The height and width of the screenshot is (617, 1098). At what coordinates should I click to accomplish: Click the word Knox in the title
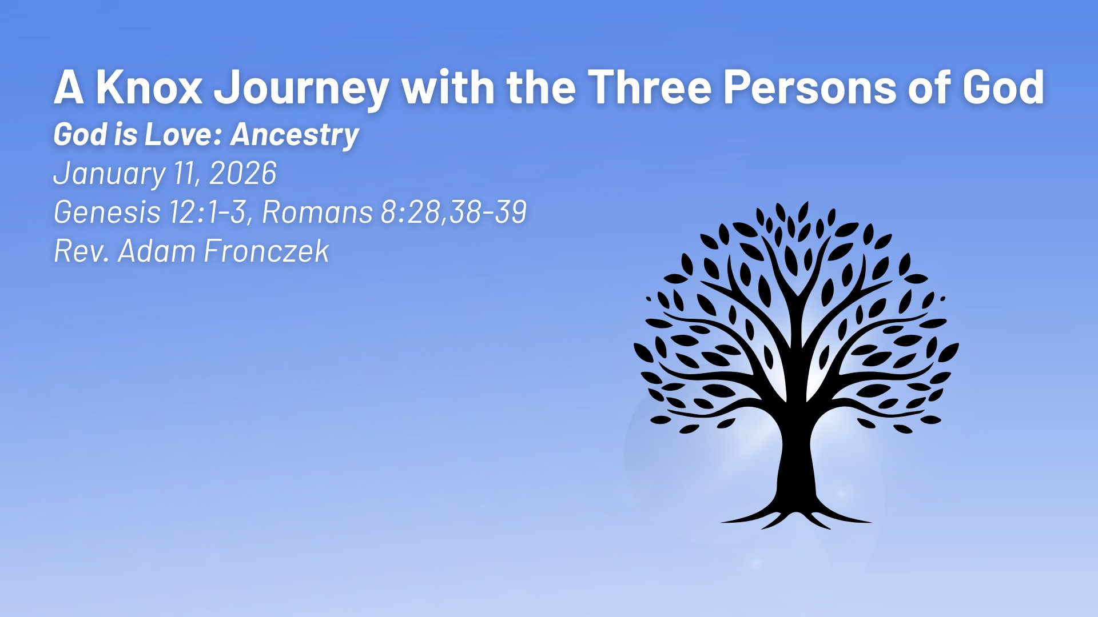(149, 87)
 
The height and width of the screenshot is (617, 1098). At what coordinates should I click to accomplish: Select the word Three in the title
(650, 87)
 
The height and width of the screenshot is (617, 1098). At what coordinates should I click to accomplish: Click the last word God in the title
(1003, 87)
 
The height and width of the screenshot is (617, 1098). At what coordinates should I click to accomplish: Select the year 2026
(243, 173)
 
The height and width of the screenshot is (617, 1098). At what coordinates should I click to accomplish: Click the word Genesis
(107, 213)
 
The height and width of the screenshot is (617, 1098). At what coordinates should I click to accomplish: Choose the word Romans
(317, 213)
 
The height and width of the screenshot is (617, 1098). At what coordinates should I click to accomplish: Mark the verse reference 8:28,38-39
(453, 213)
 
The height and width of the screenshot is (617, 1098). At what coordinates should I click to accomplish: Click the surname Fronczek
(266, 251)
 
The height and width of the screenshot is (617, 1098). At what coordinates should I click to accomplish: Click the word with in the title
(448, 87)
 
